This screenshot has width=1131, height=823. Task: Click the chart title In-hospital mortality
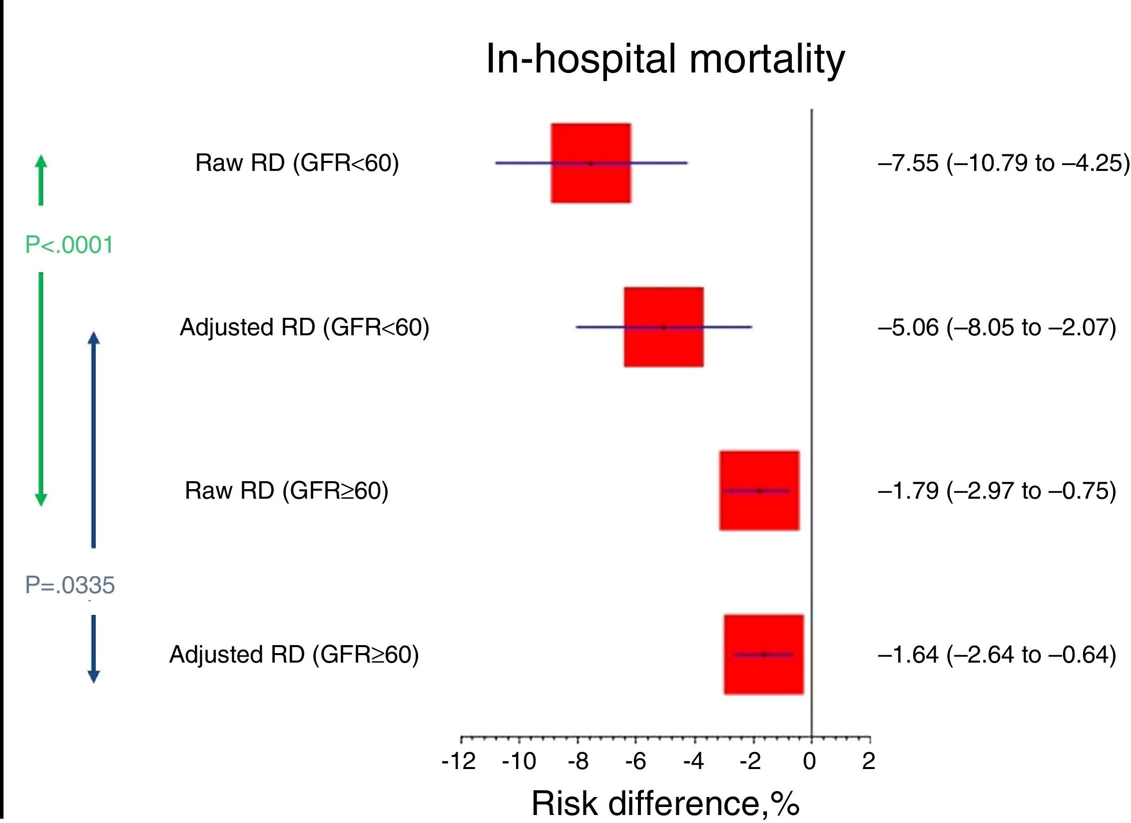[x=665, y=59]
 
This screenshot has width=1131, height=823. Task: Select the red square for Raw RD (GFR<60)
[x=590, y=163]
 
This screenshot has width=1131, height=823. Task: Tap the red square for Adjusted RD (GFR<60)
[x=663, y=327]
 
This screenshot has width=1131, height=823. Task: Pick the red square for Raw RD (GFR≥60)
[x=759, y=491]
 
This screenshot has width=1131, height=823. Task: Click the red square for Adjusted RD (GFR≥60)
[x=764, y=654]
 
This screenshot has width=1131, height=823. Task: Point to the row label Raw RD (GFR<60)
[x=297, y=163]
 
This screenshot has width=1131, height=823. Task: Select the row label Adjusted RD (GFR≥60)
[x=294, y=655]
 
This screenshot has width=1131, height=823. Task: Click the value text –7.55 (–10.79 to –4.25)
[x=1003, y=163]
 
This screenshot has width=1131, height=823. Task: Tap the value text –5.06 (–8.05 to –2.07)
[x=997, y=328]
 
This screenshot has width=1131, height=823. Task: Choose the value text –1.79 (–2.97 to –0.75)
[x=997, y=491]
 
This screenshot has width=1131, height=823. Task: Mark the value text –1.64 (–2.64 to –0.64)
[x=997, y=655]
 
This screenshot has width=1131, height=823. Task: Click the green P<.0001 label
[x=69, y=245]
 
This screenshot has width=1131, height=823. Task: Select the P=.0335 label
[x=70, y=585]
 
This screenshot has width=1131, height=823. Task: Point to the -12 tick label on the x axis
[x=459, y=762]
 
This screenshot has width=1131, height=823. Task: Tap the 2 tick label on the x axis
[x=869, y=762]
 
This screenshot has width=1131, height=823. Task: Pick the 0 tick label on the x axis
[x=810, y=762]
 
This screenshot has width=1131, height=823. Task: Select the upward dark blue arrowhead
[x=93, y=338]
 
